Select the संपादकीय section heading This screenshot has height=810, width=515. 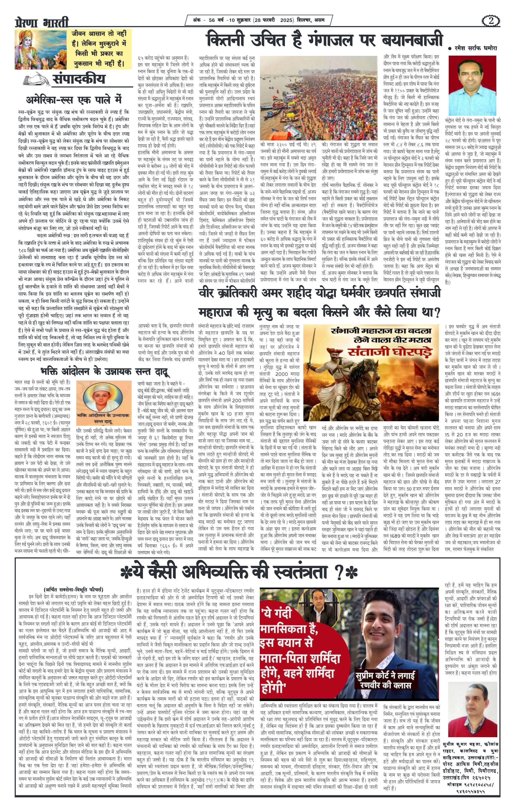[79, 79]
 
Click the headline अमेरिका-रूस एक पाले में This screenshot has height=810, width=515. [74, 100]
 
